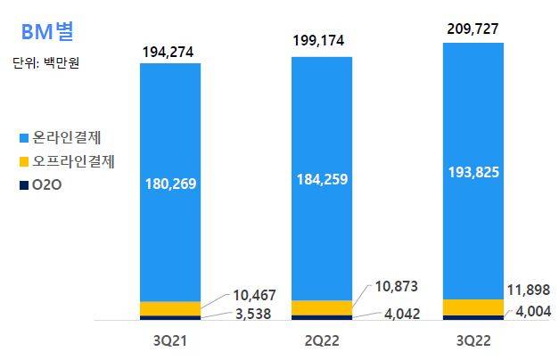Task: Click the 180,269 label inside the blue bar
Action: point(170,184)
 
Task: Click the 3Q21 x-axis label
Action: point(170,340)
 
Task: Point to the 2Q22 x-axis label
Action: point(322,340)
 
